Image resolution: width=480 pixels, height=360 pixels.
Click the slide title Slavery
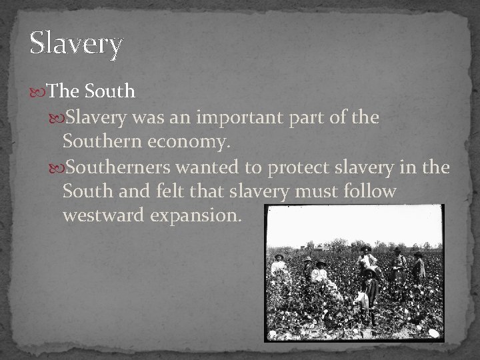tap(76, 45)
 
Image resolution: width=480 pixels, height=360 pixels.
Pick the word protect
tap(297, 168)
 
